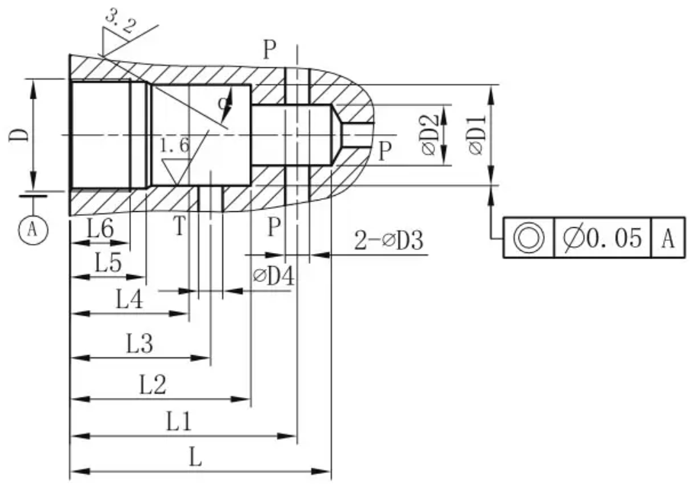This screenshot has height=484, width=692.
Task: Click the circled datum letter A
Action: point(33,229)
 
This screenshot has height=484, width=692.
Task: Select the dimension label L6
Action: point(101,229)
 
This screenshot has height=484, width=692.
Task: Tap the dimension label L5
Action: point(108,263)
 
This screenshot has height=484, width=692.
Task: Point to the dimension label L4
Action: point(130,300)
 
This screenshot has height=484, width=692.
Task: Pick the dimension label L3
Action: point(140,344)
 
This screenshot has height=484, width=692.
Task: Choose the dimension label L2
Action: point(152,385)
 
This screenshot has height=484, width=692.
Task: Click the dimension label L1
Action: point(179,421)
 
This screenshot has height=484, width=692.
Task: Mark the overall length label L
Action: point(196,457)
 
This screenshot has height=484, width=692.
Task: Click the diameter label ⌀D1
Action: point(476,135)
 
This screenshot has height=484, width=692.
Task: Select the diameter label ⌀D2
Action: point(430,135)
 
